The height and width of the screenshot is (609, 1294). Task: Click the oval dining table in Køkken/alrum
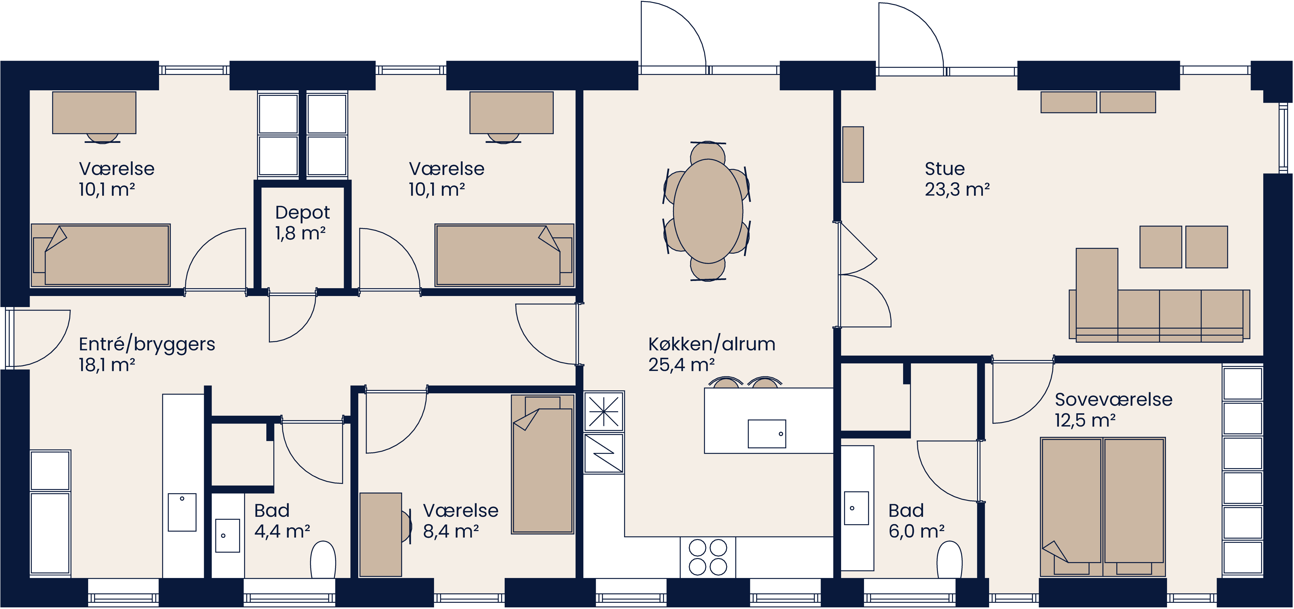[707, 211]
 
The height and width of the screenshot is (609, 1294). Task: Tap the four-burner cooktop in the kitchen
[707, 557]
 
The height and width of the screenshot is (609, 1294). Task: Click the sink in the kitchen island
[766, 434]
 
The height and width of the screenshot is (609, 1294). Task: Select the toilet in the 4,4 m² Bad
[323, 560]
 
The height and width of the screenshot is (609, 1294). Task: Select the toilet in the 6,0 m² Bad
[949, 560]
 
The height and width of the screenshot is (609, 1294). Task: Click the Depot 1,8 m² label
[302, 223]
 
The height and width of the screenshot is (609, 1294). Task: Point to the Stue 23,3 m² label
[956, 179]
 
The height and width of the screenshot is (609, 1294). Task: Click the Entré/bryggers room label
[147, 354]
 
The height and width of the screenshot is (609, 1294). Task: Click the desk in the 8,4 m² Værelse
[380, 534]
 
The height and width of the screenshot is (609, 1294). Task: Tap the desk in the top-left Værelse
[94, 113]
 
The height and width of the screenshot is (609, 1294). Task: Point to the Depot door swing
[291, 316]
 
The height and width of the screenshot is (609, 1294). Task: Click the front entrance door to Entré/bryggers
[38, 338]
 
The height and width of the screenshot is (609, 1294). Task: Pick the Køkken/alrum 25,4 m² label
[711, 354]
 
